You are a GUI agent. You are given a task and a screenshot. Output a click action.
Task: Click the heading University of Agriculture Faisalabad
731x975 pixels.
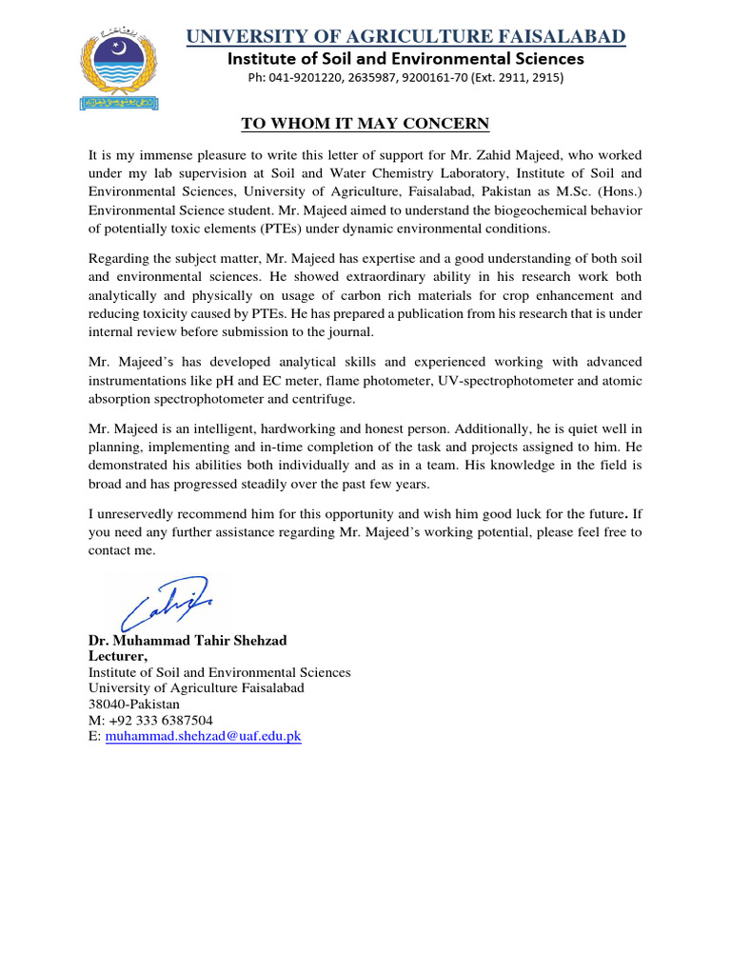click(x=405, y=37)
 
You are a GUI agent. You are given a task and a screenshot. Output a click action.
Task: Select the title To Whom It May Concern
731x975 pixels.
click(x=365, y=124)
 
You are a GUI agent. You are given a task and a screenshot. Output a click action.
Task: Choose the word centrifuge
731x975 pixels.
click(x=325, y=399)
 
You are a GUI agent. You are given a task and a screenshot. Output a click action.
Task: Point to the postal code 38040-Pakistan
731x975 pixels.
click(x=134, y=705)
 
